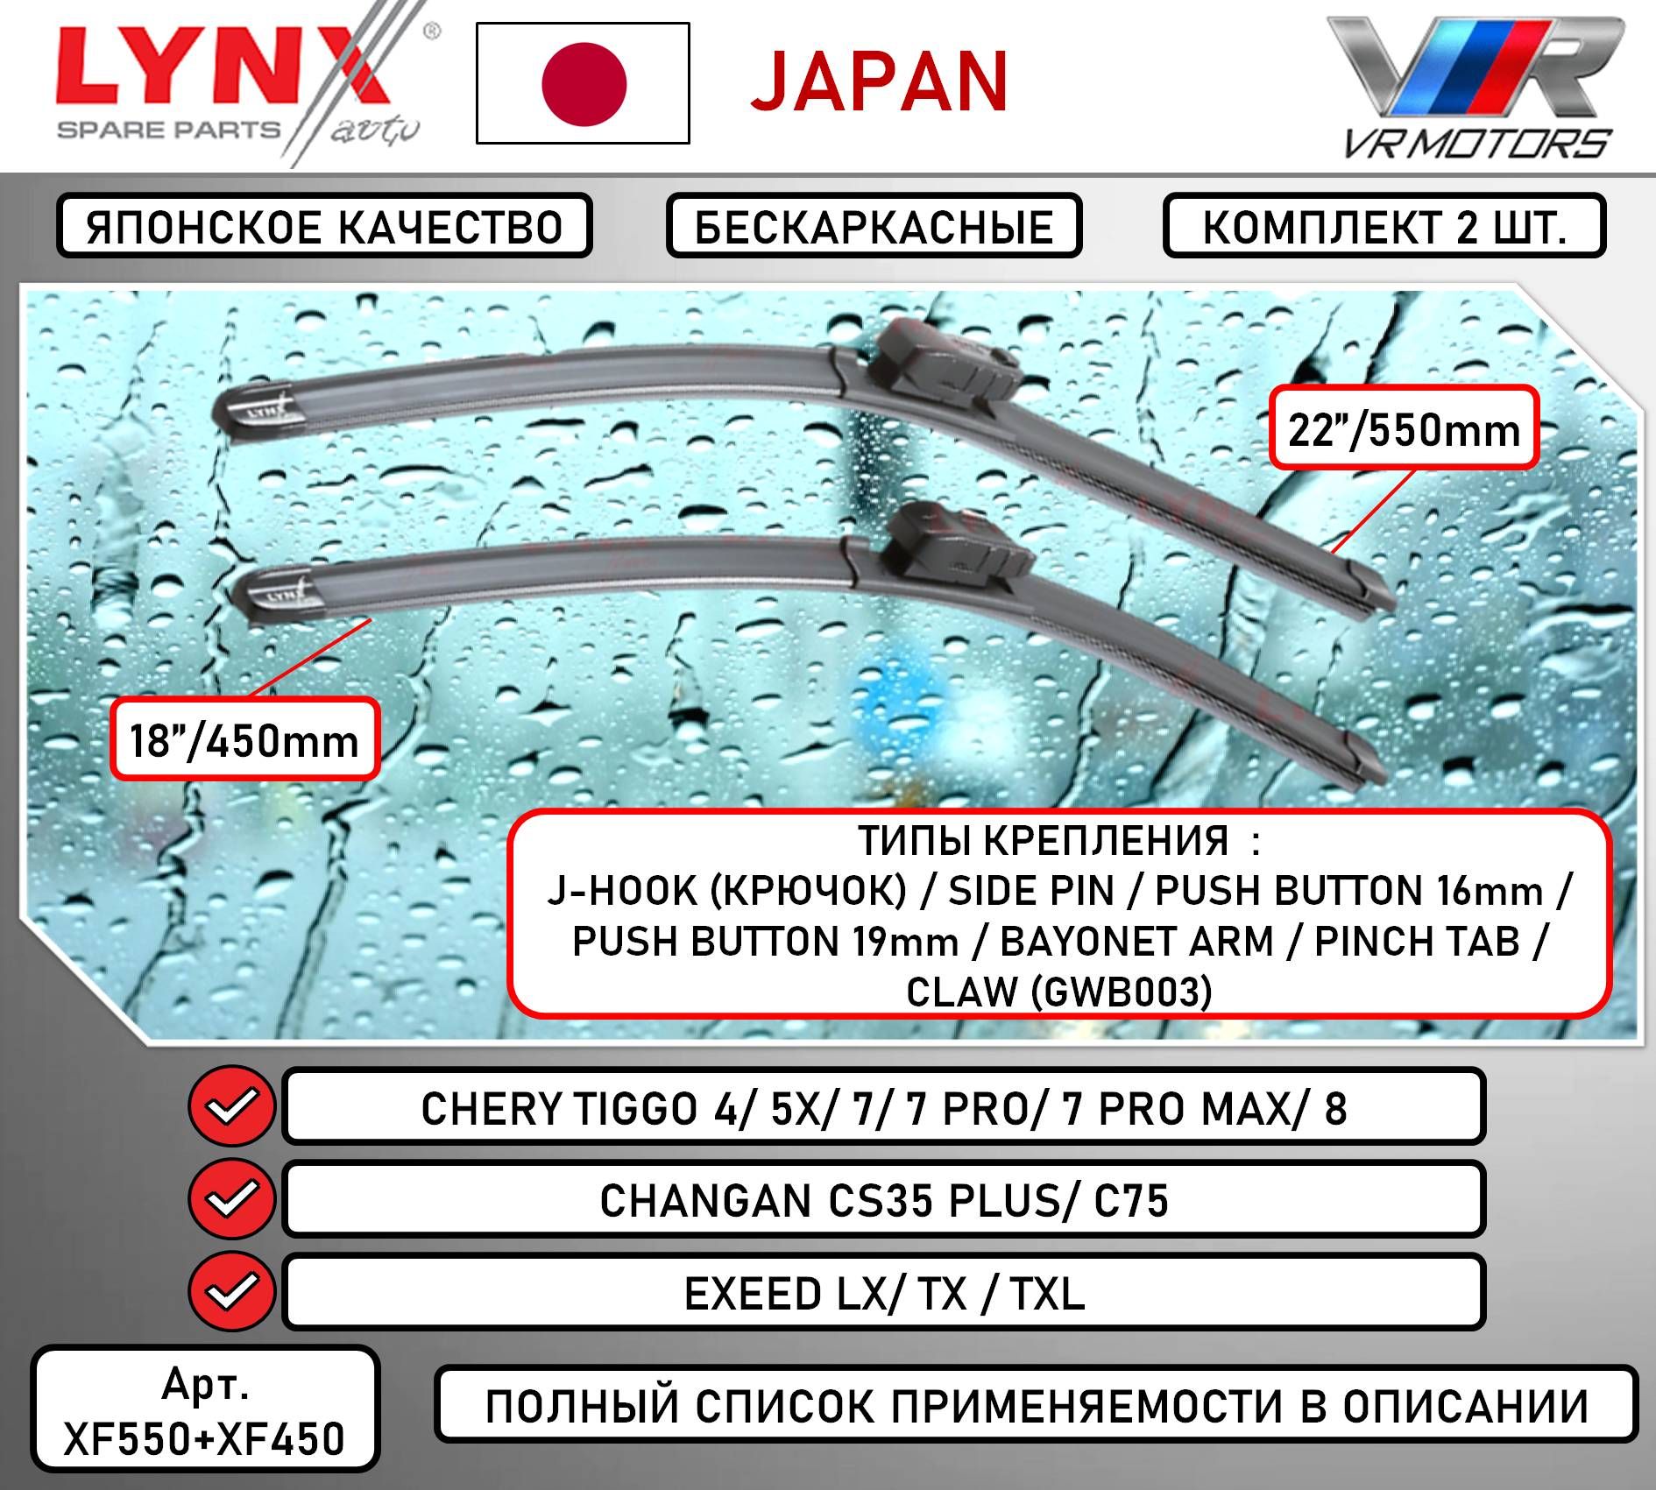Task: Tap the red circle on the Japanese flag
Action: [x=584, y=83]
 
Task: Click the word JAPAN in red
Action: [x=880, y=82]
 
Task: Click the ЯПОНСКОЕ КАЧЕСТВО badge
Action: [x=324, y=226]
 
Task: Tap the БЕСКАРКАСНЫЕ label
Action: [x=874, y=226]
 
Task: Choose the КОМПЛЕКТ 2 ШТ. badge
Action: [x=1384, y=226]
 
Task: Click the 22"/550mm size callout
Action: [x=1404, y=428]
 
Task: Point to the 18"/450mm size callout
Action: [x=244, y=739]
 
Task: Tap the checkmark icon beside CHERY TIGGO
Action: [x=231, y=1105]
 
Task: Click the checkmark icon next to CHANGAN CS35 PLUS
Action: [x=231, y=1198]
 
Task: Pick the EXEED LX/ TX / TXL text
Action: [x=884, y=1293]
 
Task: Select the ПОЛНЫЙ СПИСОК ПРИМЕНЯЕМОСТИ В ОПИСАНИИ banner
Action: [x=1037, y=1407]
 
